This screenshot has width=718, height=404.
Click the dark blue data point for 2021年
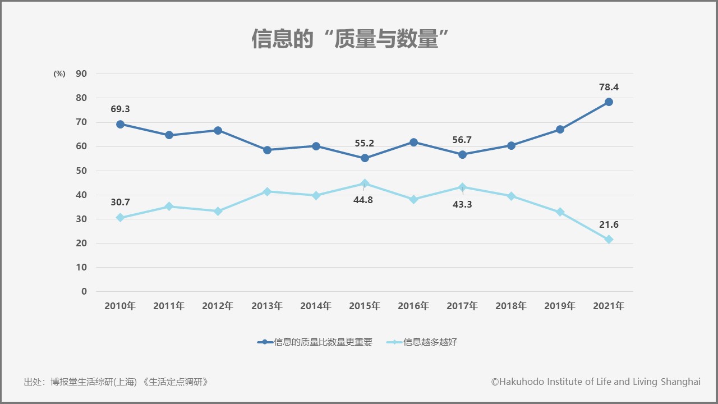(609, 102)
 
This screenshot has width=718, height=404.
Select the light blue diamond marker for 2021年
(609, 240)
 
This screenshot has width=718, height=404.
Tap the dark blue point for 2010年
(120, 124)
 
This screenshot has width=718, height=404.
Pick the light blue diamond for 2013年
(267, 191)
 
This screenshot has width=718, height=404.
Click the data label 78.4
(609, 88)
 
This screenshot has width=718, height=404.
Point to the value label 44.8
(363, 200)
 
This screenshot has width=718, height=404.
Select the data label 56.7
(462, 140)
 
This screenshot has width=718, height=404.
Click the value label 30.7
(120, 202)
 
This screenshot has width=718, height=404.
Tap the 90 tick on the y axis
(81, 74)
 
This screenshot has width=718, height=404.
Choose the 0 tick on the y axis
(84, 291)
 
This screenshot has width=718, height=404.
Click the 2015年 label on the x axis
(365, 306)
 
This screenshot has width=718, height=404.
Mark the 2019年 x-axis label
(560, 306)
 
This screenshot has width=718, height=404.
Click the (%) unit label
(59, 74)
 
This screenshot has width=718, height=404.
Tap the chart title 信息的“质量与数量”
(352, 39)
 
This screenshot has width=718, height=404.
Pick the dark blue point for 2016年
(413, 143)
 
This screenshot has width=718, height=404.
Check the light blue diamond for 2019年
(560, 212)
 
